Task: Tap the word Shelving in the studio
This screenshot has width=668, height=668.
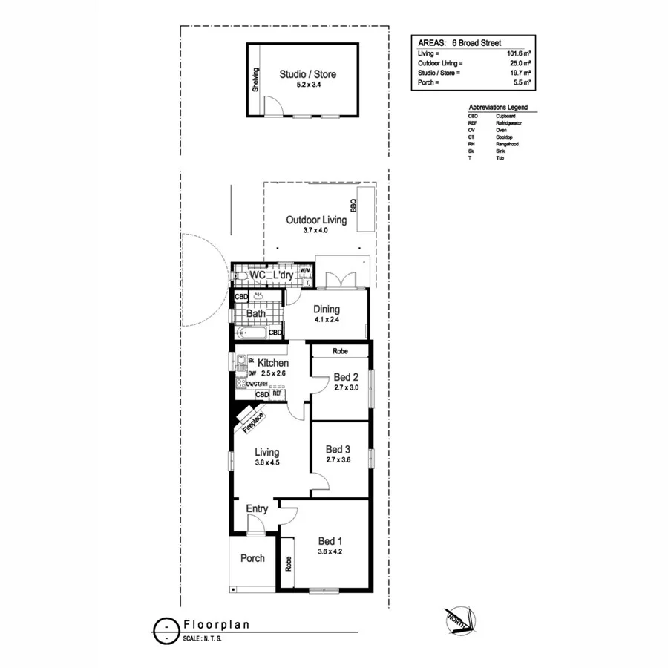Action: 255,81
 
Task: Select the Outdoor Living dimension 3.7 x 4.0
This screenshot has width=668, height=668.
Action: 315,231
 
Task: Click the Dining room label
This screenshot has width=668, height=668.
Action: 326,310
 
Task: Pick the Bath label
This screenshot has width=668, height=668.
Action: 256,314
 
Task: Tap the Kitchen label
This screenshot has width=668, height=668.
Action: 273,363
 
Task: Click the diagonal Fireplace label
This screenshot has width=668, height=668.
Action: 253,421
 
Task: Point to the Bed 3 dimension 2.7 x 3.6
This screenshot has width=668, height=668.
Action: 338,460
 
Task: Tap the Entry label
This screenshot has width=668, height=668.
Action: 257,508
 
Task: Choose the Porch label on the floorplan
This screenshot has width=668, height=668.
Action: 252,558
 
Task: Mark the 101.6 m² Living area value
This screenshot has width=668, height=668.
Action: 519,54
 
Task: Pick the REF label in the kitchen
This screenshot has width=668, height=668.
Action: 277,393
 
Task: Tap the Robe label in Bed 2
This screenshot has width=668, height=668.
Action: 340,351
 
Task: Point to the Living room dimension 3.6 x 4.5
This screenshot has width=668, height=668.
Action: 267,463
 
